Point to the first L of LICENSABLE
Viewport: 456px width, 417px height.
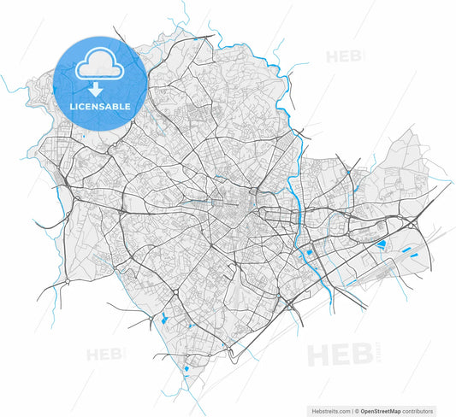pyautogui.click(x=71, y=107)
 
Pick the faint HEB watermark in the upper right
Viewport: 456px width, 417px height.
pyautogui.click(x=342, y=57)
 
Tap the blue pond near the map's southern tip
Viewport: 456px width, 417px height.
pyautogui.click(x=186, y=369)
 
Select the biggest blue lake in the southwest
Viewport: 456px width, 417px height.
pyautogui.click(x=162, y=320)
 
